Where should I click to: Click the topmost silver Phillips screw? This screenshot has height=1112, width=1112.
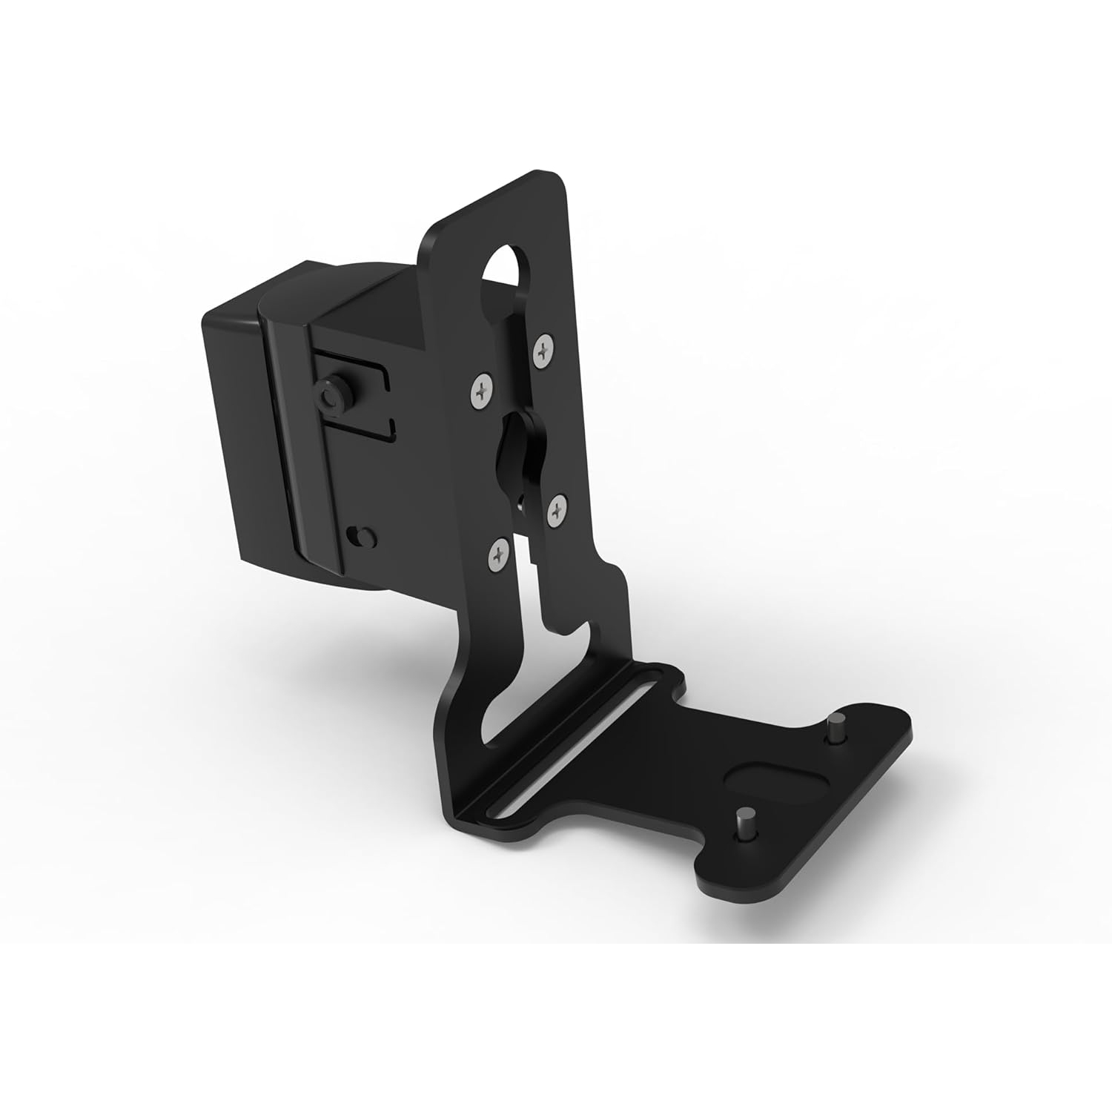point(545,349)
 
